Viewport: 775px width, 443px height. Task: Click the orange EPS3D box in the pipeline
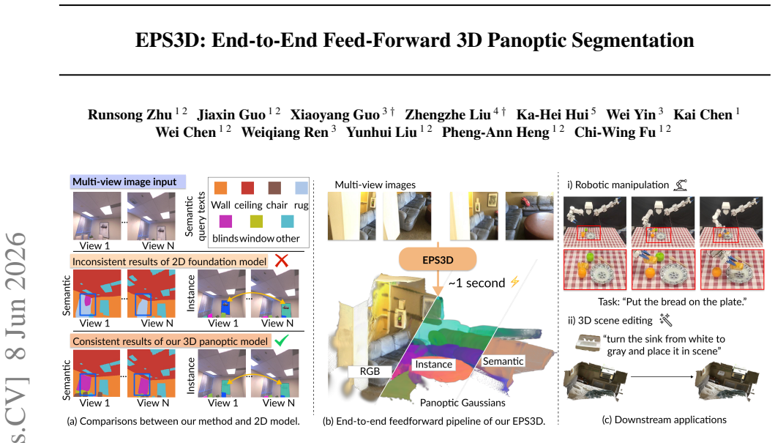pos(438,259)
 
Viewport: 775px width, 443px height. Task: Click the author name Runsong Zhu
pos(130,115)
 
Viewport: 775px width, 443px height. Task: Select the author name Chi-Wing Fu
pos(615,133)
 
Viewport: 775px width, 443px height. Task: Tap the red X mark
pos(282,261)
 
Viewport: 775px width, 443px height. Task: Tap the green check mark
pos(281,340)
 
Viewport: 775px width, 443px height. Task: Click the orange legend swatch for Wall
pos(220,188)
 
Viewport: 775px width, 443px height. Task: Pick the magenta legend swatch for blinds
pos(225,221)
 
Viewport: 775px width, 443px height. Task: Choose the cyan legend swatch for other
pos(287,221)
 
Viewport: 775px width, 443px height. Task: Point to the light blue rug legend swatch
pos(302,188)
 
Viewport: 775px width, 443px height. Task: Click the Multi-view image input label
pos(128,182)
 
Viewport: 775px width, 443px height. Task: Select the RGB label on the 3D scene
pos(370,371)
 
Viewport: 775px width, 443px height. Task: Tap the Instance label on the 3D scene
pos(433,365)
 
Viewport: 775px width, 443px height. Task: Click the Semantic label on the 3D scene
pos(503,362)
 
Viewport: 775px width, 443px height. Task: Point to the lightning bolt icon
pos(515,282)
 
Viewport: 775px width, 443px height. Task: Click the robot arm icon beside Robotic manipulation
pos(681,185)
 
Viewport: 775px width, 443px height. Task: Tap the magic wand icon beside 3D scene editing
pos(666,321)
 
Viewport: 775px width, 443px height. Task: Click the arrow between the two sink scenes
pos(662,377)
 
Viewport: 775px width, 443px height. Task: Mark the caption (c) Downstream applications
pos(664,420)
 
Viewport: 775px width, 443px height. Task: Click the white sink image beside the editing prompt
pos(588,343)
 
